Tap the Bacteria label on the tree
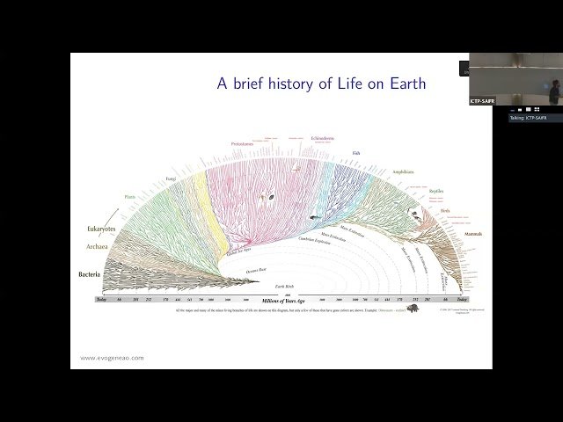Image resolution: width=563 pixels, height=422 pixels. (88, 275)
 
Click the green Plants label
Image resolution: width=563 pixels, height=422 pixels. (131, 197)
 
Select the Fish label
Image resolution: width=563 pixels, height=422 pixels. (355, 153)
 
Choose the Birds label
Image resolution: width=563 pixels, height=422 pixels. (445, 211)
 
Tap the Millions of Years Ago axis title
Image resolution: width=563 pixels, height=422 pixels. (277, 302)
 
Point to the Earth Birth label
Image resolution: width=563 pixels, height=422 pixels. (284, 287)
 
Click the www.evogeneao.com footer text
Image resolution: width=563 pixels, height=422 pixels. (112, 358)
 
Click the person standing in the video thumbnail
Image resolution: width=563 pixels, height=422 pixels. (553, 91)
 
